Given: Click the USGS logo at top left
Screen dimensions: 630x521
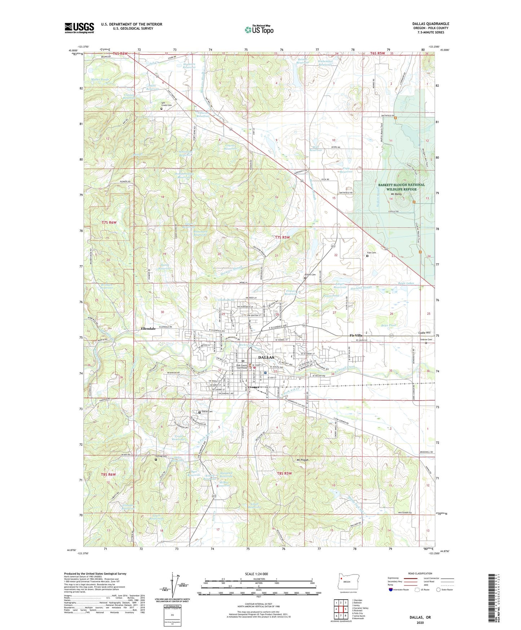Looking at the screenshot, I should point(79,28).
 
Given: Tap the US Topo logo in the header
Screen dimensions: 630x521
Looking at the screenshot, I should point(259,30).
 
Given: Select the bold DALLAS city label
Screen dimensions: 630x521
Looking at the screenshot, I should point(266,357).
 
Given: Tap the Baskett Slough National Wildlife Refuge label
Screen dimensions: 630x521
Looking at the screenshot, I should point(401,187).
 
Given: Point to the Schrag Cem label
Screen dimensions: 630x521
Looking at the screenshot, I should point(162,456).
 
